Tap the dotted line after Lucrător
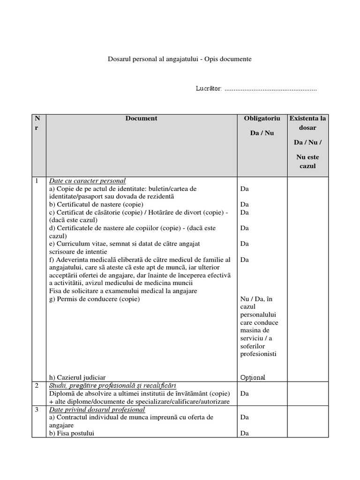point(270,89)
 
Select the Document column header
point(141,119)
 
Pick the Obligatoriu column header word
point(262,119)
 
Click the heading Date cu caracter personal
point(87,180)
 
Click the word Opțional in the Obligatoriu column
point(253,377)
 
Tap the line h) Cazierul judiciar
point(77,377)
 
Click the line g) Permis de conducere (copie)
point(94,299)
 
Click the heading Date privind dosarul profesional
point(97,409)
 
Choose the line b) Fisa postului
point(71,433)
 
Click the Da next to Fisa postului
point(244,433)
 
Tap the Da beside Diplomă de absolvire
point(244,394)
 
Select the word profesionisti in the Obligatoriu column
point(258,354)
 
